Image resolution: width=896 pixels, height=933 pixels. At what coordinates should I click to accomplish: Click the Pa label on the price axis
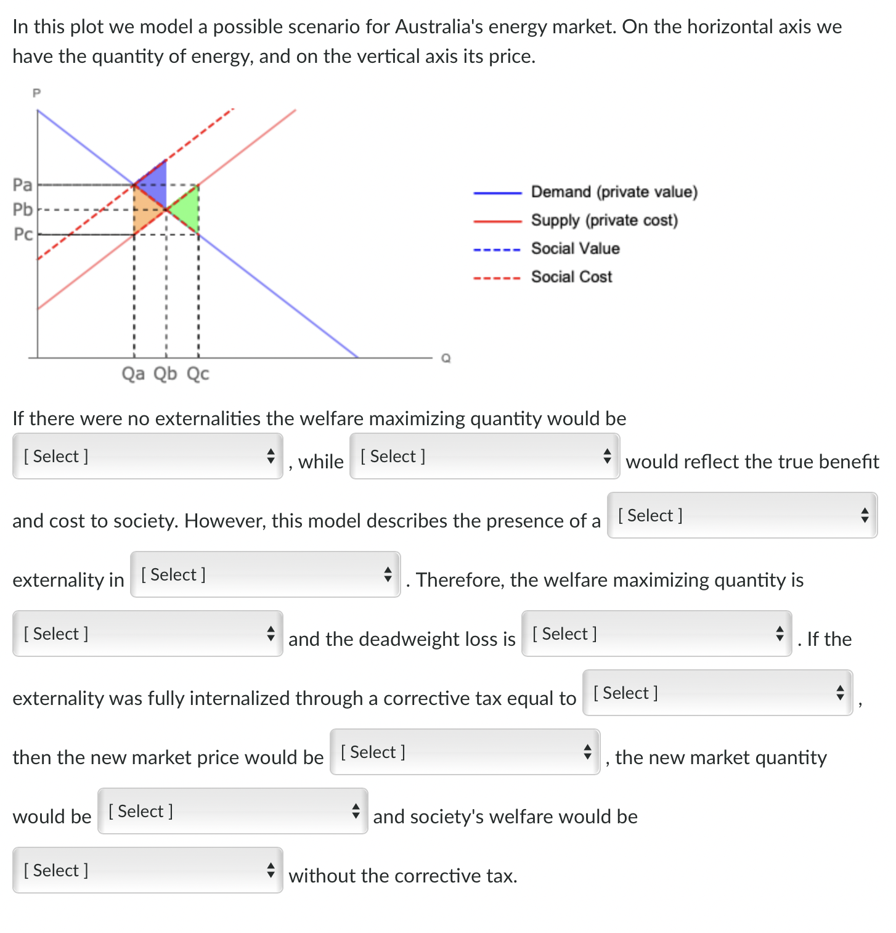(22, 184)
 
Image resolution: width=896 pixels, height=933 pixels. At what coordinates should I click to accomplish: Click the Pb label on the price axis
(22, 210)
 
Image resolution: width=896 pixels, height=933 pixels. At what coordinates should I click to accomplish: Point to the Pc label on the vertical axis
(23, 234)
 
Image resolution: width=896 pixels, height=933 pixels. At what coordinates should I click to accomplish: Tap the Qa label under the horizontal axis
(133, 373)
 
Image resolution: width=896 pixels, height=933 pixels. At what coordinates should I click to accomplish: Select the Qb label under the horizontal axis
(165, 373)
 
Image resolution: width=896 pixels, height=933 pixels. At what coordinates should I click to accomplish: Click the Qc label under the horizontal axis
(198, 373)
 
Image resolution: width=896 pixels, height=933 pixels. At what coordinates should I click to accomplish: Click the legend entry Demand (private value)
(614, 192)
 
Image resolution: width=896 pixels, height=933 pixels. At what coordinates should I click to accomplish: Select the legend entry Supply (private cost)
(604, 221)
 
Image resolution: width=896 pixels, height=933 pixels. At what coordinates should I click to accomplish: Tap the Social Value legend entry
(575, 248)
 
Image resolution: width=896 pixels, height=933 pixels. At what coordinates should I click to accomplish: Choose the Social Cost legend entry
(571, 277)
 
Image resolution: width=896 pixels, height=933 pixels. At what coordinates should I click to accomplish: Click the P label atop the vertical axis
(36, 93)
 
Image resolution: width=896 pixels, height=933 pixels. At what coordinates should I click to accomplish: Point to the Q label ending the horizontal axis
(446, 358)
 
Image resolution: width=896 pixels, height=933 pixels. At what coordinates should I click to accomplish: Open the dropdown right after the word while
(484, 456)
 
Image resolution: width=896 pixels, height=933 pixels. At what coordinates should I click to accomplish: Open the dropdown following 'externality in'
(265, 574)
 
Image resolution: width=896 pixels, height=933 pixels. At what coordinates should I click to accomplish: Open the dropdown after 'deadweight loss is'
(656, 634)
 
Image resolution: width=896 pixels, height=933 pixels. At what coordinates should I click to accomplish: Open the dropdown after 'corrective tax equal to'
(717, 693)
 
